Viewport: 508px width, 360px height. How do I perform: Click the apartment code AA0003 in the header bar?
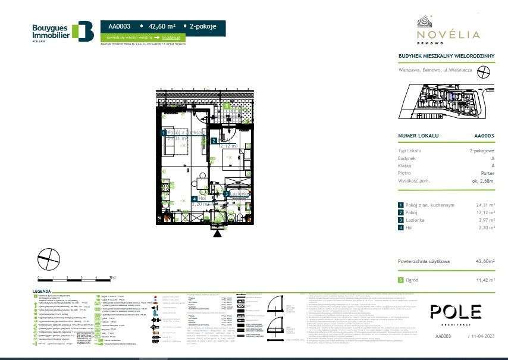coord(119,26)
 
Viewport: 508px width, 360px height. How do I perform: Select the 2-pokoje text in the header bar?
coord(203,26)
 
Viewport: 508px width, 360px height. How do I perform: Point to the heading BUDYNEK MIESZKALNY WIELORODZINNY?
coord(446,56)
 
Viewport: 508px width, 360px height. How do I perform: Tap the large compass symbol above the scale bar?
coord(49,258)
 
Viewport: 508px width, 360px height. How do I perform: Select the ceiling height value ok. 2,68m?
coord(483,180)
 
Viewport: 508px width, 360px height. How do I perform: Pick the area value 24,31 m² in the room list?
coord(485,205)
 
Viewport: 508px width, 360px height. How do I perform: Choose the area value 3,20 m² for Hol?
coord(487,227)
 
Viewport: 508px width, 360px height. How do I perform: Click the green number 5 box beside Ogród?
coord(401,279)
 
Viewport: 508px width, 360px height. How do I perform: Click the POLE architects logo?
coord(456,311)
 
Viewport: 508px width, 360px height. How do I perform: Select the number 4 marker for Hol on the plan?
coord(194,199)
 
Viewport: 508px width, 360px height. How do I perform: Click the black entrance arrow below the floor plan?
coord(217,233)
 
